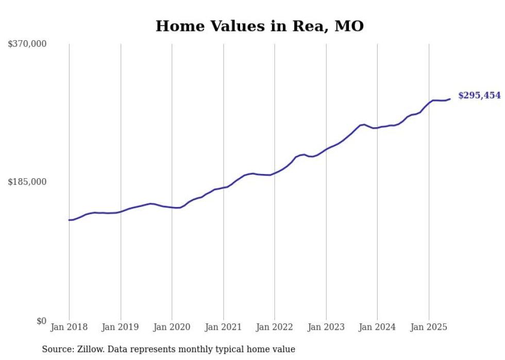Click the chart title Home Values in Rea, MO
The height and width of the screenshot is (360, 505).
coord(259,26)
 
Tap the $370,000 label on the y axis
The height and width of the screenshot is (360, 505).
coord(27,44)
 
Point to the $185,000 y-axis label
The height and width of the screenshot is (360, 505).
coord(27,182)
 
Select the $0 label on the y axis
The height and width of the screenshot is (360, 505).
coord(41,321)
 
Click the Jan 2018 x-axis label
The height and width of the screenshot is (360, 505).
coord(69,327)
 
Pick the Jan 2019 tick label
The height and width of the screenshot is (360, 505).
coord(121,327)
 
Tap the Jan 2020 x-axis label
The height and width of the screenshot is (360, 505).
coord(172,327)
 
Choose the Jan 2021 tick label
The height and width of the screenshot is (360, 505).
coord(223,327)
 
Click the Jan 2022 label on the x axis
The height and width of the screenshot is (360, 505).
coord(275,327)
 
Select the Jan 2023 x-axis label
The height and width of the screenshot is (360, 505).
coord(326,327)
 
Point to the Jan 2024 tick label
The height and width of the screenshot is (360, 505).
coord(377,327)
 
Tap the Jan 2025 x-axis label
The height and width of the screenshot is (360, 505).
coord(429,327)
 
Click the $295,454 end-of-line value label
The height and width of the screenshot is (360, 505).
coord(479,96)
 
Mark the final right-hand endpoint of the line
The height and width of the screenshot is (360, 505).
coord(450,99)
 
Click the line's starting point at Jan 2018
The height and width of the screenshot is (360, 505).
coord(69,220)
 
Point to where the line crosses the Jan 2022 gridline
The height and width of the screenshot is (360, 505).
coord(275,173)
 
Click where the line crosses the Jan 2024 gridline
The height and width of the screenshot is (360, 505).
coord(377,127)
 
